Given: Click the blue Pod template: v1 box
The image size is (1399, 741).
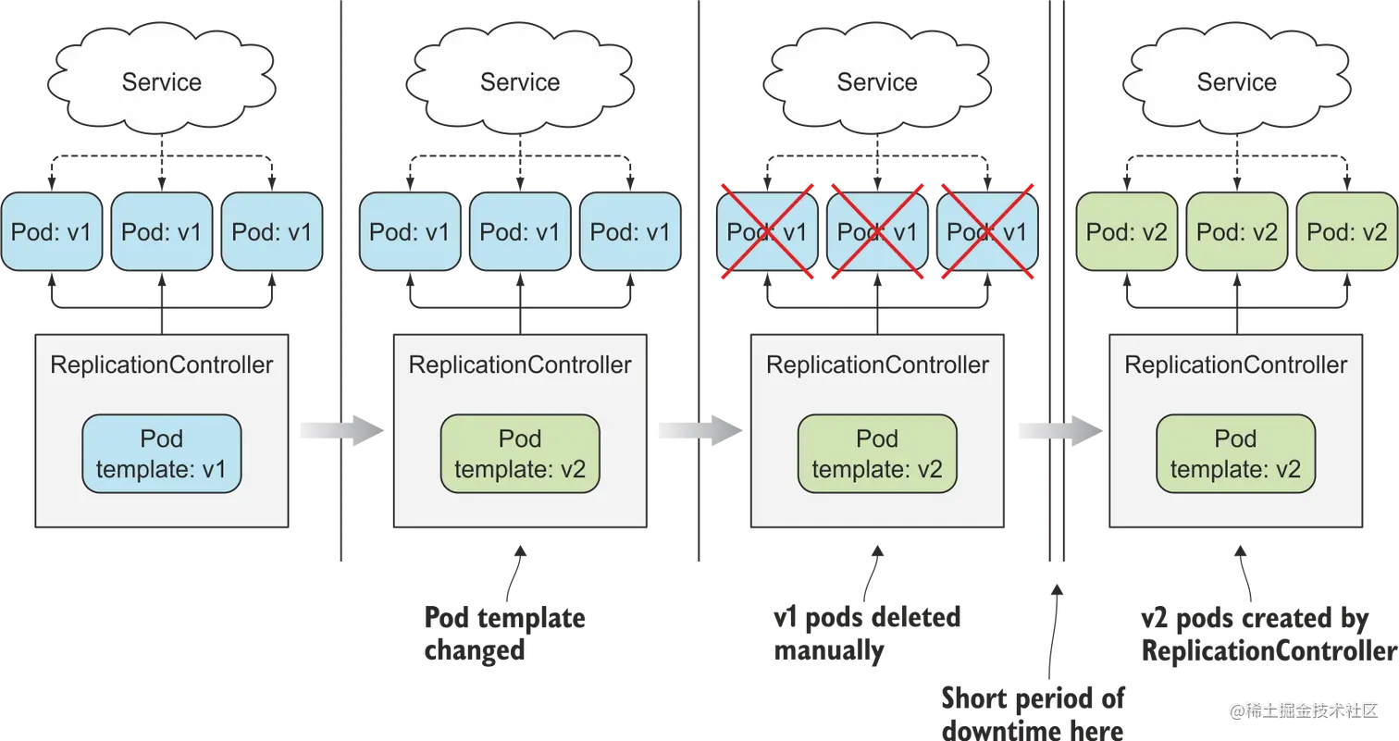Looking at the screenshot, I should pyautogui.click(x=162, y=454).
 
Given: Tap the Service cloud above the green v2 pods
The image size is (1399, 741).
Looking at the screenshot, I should pyautogui.click(x=1236, y=81).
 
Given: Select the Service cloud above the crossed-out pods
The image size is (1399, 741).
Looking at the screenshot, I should pyautogui.click(x=877, y=81).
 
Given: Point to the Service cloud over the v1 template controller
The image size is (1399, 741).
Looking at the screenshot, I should pyautogui.click(x=162, y=81).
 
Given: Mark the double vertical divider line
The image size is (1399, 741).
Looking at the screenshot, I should pyautogui.click(x=1059, y=278).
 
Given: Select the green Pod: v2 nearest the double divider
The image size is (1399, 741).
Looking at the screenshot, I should pyautogui.click(x=1126, y=231).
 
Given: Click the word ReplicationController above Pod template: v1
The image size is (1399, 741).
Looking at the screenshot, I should pyautogui.click(x=162, y=364).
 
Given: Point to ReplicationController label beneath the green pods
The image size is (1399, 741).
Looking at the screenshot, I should pyautogui.click(x=1236, y=364).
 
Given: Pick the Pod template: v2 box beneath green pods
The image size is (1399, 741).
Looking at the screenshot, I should pyautogui.click(x=1236, y=454).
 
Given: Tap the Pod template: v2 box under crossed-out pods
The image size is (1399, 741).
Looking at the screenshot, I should pyautogui.click(x=877, y=454).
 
